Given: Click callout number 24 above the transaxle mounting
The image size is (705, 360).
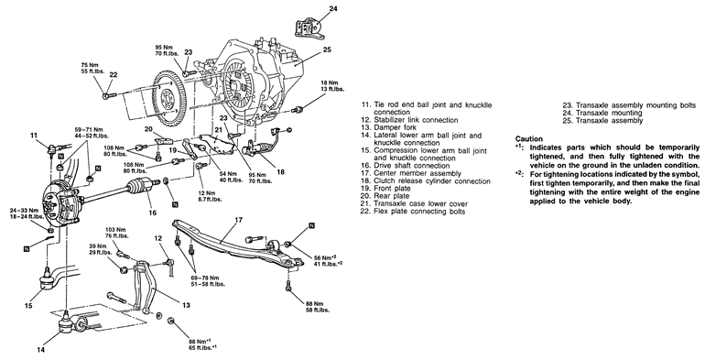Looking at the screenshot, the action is coord(332,8).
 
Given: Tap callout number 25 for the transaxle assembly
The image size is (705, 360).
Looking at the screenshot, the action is coord(327,49).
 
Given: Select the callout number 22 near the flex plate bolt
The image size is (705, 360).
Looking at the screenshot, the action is coord(114,75).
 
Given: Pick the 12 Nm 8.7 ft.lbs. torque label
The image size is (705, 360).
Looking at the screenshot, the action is coord(210,196).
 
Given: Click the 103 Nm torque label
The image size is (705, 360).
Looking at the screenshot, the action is coord(117,233).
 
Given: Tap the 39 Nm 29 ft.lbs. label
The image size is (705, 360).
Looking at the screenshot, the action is coord(100,249).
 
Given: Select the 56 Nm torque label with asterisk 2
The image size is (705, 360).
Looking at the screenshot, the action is coord(324,259).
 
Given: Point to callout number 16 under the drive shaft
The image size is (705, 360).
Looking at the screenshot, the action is coord(152,213).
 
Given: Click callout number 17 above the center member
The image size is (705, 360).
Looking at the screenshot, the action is coord(238,220).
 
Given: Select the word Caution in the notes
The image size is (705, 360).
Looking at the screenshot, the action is coord(529,139).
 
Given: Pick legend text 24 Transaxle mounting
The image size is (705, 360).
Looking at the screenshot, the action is coord(602,113).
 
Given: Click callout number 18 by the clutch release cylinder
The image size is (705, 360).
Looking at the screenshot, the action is coord(281,171).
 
